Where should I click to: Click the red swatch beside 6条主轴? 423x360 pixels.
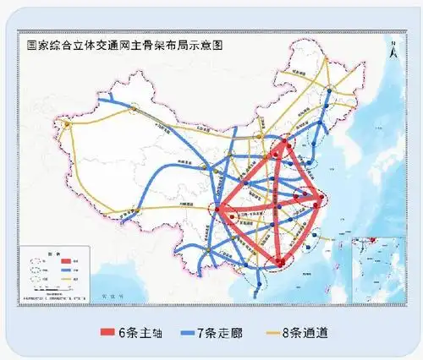pos(111,333)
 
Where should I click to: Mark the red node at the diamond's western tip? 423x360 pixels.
pos(217,209)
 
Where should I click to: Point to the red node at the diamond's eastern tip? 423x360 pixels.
pos(320,199)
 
